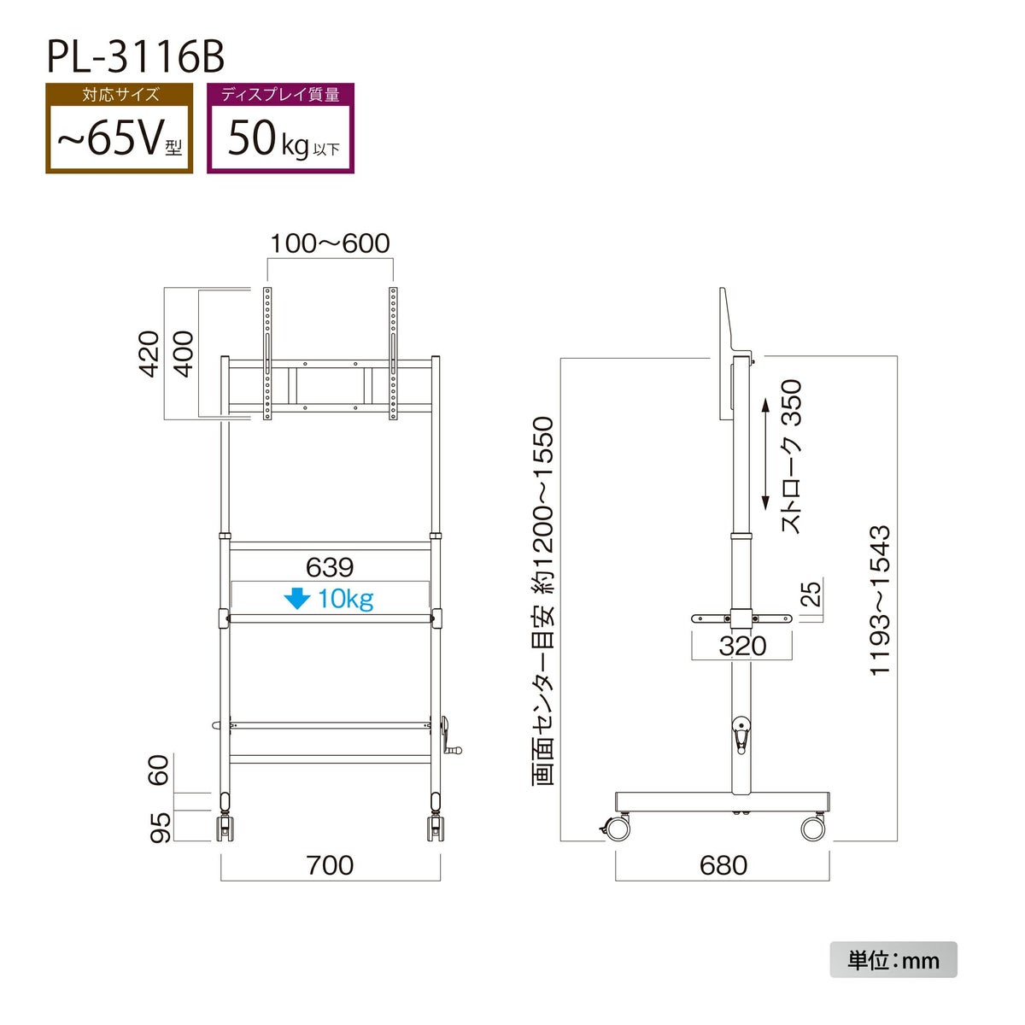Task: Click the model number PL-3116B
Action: coord(136,57)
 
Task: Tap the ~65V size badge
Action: coord(119,128)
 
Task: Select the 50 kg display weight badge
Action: coord(280,128)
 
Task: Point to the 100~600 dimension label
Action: coord(330,243)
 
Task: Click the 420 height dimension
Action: coord(149,354)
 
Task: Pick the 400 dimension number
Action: coord(184,354)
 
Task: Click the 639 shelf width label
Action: coord(330,567)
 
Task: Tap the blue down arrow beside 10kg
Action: coord(296,599)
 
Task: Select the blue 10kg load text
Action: coord(346,600)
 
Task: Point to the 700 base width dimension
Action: coord(330,865)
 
